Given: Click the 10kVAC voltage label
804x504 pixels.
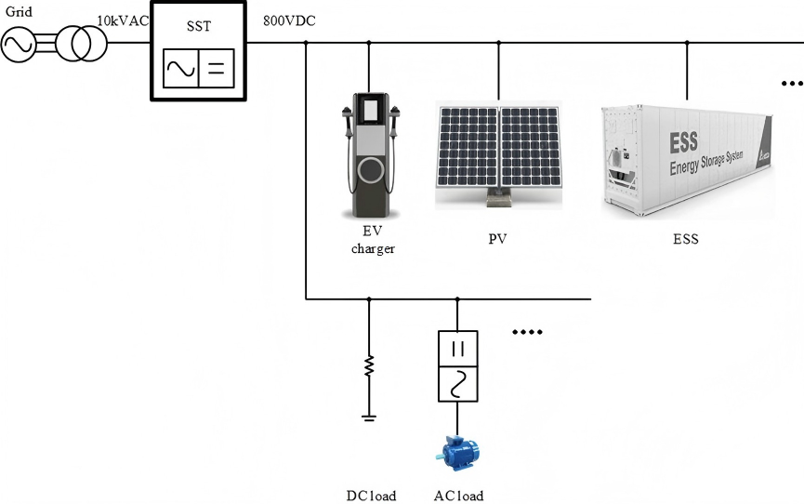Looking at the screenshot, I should pos(123,20).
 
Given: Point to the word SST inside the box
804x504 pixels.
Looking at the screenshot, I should pos(199,27).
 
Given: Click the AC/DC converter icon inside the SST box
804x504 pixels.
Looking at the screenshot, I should pos(199,68).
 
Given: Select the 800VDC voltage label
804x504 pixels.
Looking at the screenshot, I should pos(289,20).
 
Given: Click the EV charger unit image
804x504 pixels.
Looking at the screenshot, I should pos(373,153).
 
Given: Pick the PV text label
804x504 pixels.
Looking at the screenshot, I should pos(498,239).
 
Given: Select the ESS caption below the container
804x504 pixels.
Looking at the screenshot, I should pos(686,239).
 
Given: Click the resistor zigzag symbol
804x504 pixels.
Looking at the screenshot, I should pos(369,365).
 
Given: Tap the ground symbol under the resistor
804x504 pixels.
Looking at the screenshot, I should pos(369,417).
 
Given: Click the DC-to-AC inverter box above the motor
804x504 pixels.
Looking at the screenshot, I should pos(457,365).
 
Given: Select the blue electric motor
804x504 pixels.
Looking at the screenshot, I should pos(457,454).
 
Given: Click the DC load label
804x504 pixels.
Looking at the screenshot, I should pos(370,496).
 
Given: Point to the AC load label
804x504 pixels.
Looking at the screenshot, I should pos(458,496).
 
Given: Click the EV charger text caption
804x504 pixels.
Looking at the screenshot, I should pos(373,240).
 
